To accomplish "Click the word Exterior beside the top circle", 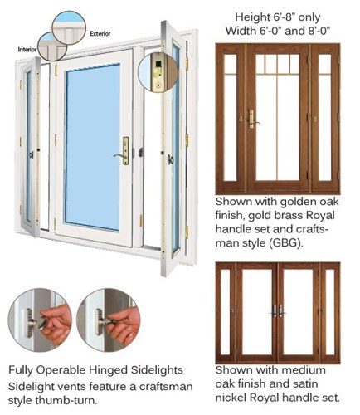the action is tap(100, 34).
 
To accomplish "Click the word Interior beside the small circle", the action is tap(27, 50).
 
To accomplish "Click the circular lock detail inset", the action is tap(158, 73).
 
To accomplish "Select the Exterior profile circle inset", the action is tap(69, 27).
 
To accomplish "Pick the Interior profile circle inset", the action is tap(52, 46).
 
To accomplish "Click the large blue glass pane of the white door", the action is tap(93, 147).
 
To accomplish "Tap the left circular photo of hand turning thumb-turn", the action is tap(40, 320).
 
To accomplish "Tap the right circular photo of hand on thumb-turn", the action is tap(109, 320).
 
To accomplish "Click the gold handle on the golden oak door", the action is tap(252, 120).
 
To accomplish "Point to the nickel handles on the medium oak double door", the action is tap(278, 311).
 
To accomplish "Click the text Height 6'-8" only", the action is tap(278, 17).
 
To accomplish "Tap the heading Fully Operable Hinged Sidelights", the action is tap(95, 370).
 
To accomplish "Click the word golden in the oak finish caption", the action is tap(298, 203).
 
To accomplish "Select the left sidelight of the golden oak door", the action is tap(231, 118).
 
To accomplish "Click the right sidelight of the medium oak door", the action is tap(330, 312).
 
